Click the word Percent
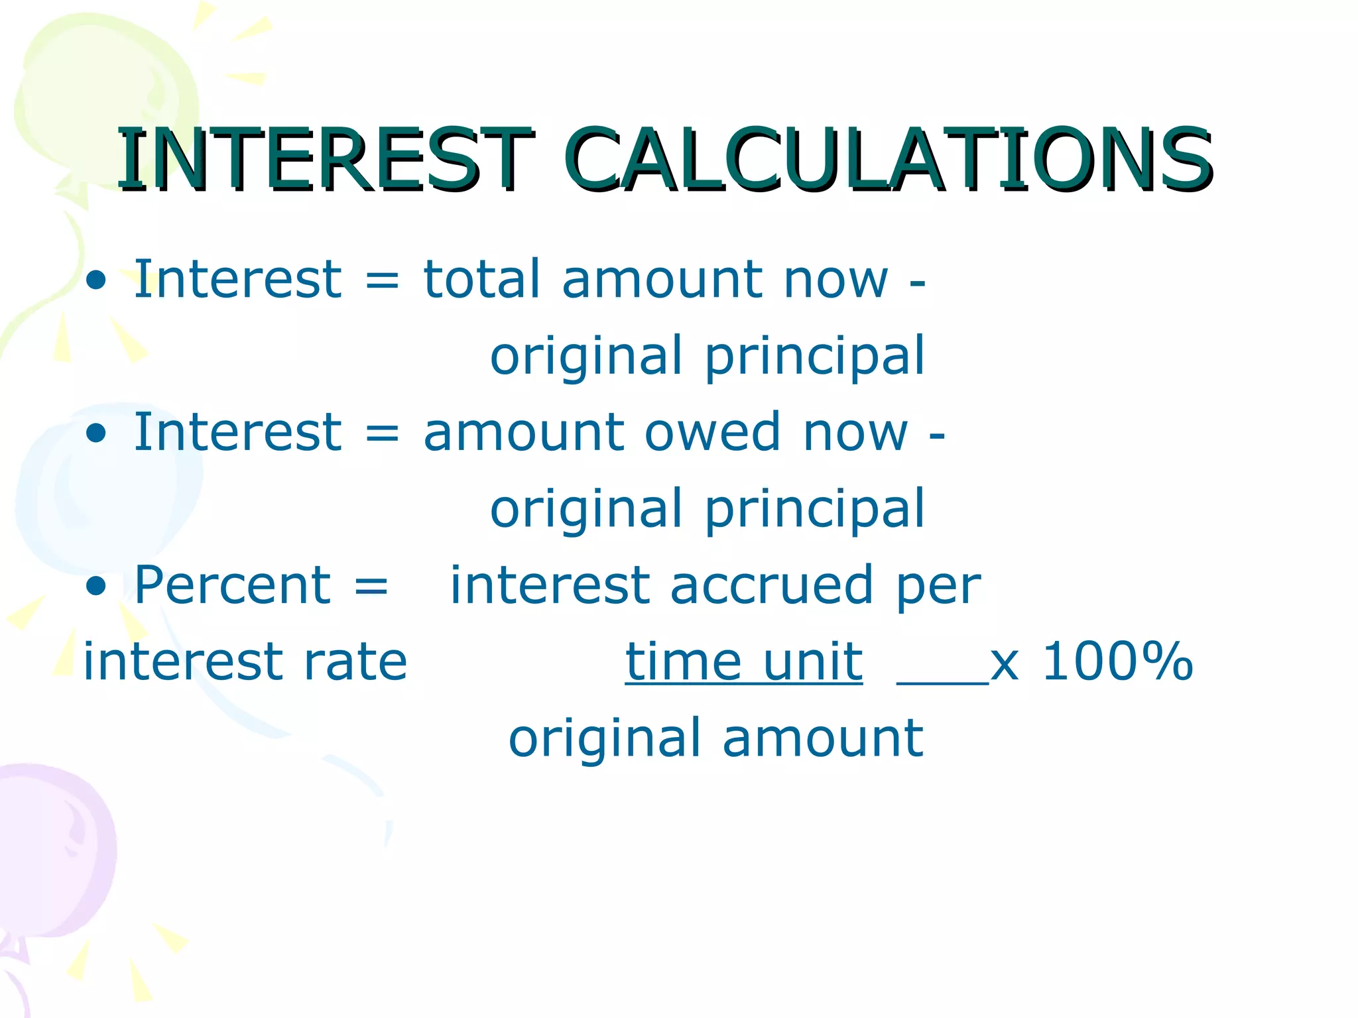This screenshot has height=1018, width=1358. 232,585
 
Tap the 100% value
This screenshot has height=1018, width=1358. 1118,661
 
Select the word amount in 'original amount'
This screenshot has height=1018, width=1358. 822,738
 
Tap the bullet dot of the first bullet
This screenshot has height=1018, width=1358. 96,280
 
